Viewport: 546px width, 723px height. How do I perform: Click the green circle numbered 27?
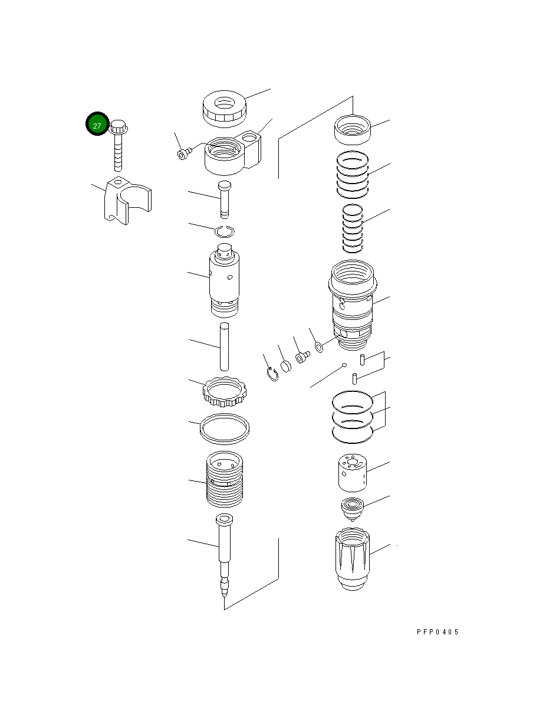pyautogui.click(x=97, y=123)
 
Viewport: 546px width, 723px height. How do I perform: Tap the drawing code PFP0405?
pyautogui.click(x=438, y=632)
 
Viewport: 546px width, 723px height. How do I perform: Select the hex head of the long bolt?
pyautogui.click(x=118, y=126)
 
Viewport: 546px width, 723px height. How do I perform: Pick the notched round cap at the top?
pyautogui.click(x=224, y=109)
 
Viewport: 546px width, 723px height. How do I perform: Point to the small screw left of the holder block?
pyautogui.click(x=184, y=153)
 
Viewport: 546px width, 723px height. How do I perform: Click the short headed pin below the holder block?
pyautogui.click(x=224, y=199)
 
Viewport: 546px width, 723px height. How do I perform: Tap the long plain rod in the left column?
pyautogui.click(x=224, y=347)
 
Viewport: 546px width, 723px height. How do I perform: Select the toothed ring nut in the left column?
pyautogui.click(x=225, y=392)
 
